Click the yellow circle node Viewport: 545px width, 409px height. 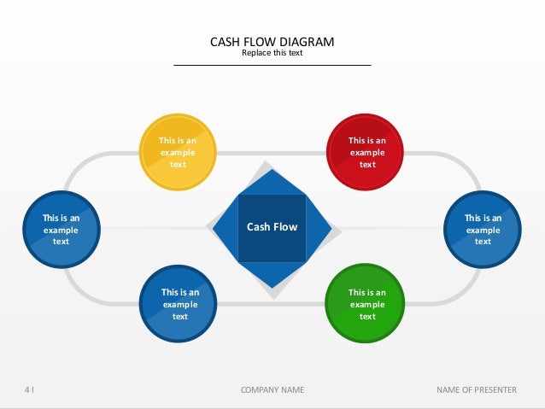(178, 153)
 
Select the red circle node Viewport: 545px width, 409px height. (366, 153)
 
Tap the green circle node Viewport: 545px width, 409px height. (366, 304)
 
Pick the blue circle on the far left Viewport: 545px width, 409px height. (61, 229)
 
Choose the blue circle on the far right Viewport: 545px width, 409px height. (483, 229)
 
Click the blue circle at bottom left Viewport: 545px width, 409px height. (179, 304)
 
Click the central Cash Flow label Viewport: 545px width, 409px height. (272, 227)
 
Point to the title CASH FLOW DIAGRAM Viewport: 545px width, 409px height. (272, 42)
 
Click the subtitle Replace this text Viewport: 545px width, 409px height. (272, 53)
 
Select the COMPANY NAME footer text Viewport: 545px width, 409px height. (272, 390)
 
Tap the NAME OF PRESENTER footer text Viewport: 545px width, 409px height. (476, 390)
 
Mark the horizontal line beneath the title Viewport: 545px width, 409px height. (272, 65)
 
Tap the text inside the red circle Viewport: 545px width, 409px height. (366, 152)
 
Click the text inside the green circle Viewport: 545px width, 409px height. (366, 304)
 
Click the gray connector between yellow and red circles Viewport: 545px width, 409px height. (272, 154)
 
